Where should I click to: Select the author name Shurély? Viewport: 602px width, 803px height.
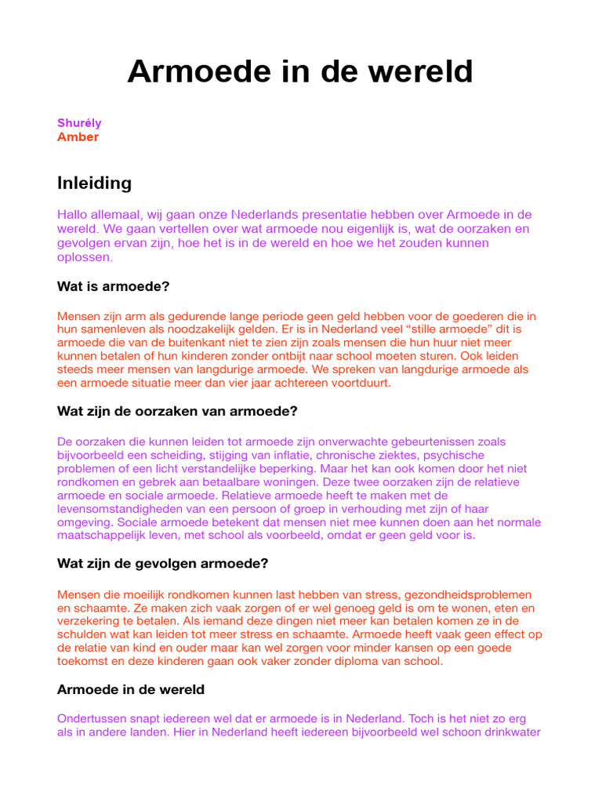point(79,123)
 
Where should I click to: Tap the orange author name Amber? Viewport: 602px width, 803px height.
point(78,137)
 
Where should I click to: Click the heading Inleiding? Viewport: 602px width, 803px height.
point(94,183)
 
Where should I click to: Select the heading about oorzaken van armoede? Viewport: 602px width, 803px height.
point(177,411)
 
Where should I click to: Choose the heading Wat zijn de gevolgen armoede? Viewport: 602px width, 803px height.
point(163,563)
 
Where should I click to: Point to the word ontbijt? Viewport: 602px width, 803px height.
point(281,355)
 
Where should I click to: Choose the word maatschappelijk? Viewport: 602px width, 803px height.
point(107,536)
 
